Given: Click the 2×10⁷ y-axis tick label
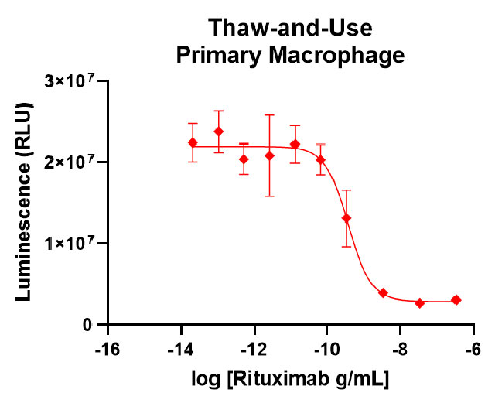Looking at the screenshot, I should (75, 162).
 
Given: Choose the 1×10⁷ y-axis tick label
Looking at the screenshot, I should (75, 244).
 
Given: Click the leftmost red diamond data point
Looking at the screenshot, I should (193, 143).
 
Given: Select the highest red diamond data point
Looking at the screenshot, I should (218, 132).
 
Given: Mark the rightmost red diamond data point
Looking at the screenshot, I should (456, 299).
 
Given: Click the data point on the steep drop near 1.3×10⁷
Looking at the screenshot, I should (346, 218).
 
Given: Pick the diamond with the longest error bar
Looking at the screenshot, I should (269, 155).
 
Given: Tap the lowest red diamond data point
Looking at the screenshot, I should (420, 303).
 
